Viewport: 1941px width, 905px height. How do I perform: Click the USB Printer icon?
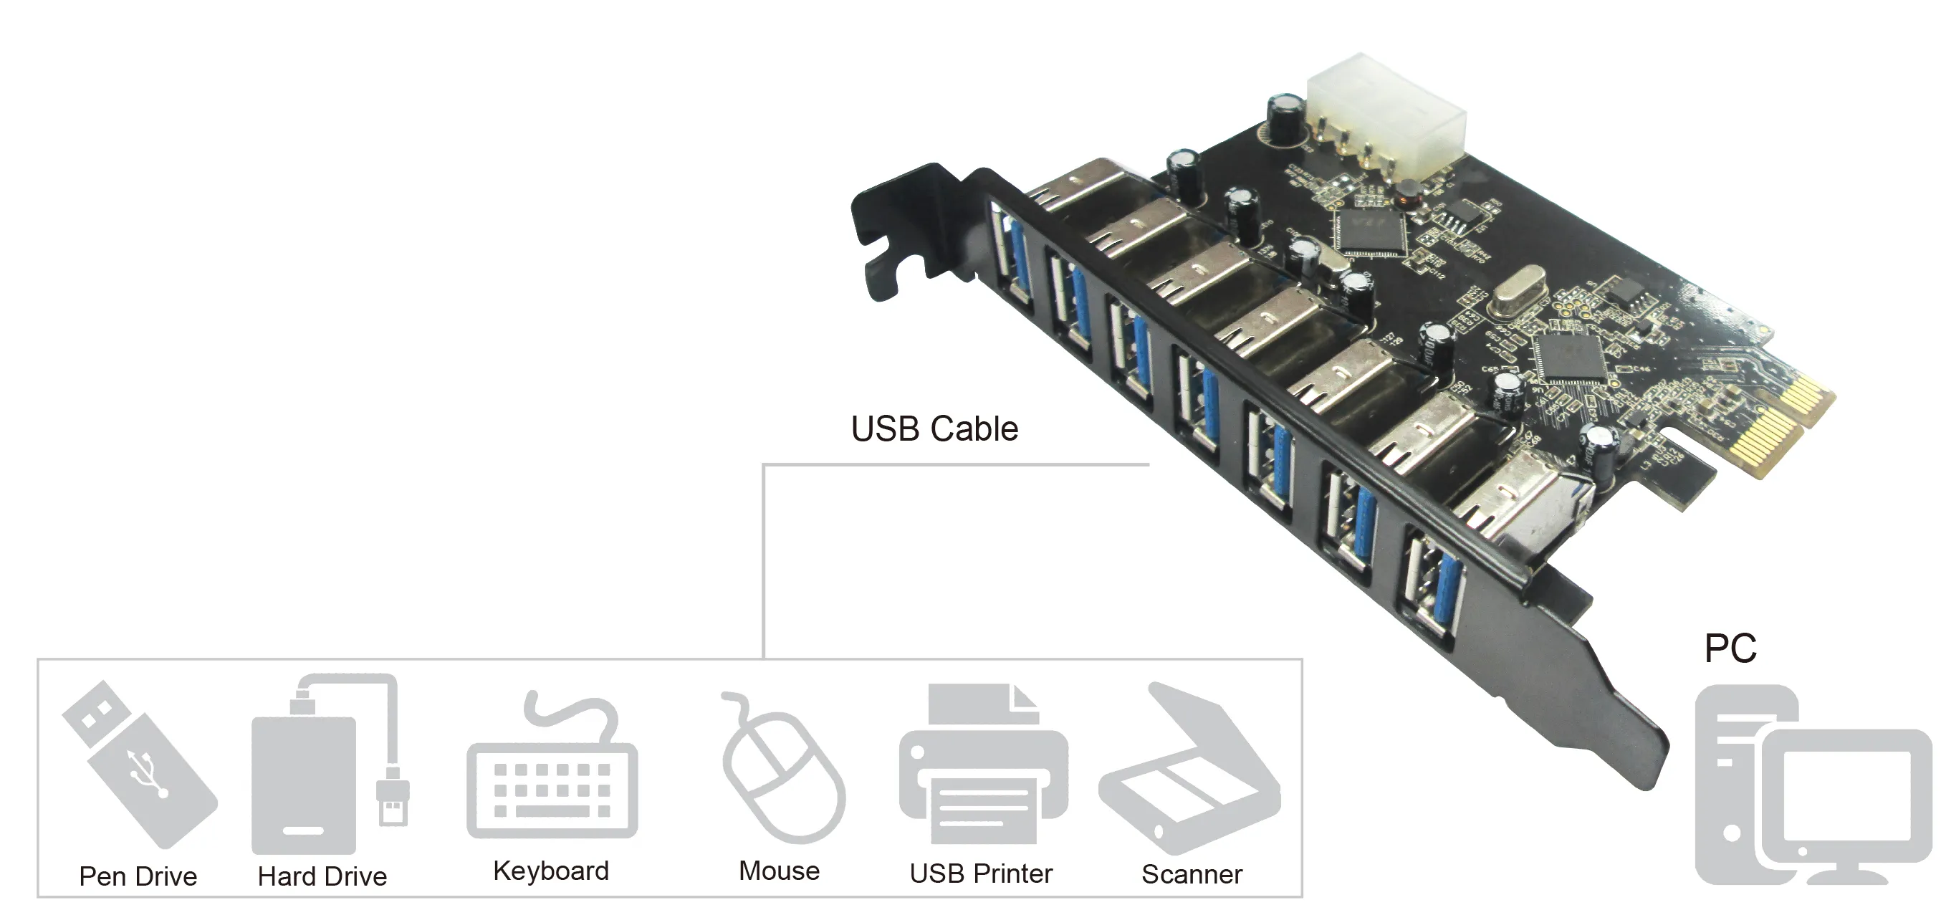coord(982,769)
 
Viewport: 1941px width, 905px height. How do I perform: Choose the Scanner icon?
coord(1191,772)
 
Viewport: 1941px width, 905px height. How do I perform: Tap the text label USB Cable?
coord(934,428)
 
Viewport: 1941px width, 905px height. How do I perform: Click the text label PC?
coord(1730,648)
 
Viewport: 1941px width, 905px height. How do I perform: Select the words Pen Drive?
coord(138,876)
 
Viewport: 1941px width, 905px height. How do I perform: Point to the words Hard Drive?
coord(322,876)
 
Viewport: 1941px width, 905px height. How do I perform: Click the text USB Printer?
coord(980,873)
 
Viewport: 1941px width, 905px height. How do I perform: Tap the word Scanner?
coord(1192,874)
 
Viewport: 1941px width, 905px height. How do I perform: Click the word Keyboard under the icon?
coord(551,871)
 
